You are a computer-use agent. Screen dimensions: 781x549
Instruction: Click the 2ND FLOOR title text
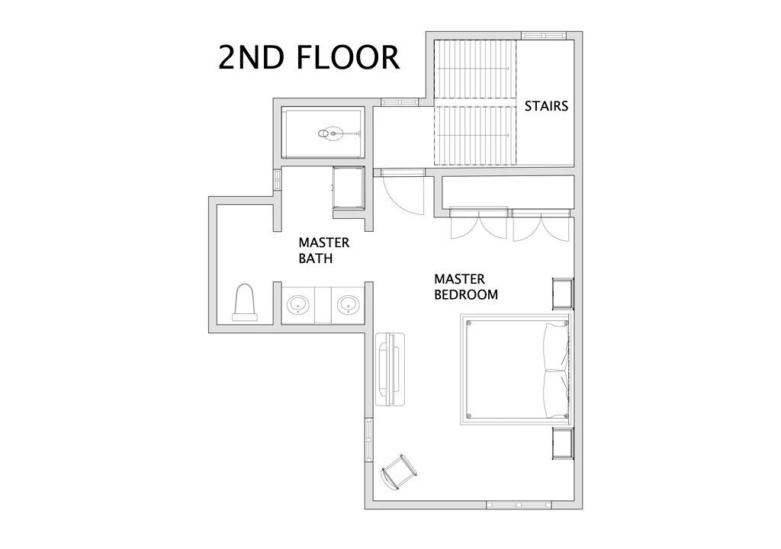click(309, 57)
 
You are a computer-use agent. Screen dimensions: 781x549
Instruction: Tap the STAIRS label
click(546, 106)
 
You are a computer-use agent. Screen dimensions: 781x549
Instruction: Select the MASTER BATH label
click(323, 251)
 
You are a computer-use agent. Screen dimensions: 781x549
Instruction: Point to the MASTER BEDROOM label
click(466, 287)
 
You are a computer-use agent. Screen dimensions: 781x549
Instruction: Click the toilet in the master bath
click(245, 303)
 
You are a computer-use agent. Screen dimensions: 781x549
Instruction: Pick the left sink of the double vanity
click(298, 304)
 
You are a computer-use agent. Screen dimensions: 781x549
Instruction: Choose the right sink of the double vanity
click(348, 304)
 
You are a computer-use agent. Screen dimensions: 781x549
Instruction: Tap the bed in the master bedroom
click(516, 369)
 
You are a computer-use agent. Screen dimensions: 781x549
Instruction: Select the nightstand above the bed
click(563, 294)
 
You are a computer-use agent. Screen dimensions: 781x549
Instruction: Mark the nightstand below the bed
click(563, 443)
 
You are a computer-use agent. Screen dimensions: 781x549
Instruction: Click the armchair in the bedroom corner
click(399, 472)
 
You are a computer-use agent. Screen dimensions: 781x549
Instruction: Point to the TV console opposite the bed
click(390, 369)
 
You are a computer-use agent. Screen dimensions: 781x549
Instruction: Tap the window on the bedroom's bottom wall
click(519, 505)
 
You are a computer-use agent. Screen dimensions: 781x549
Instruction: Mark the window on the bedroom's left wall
click(369, 440)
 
